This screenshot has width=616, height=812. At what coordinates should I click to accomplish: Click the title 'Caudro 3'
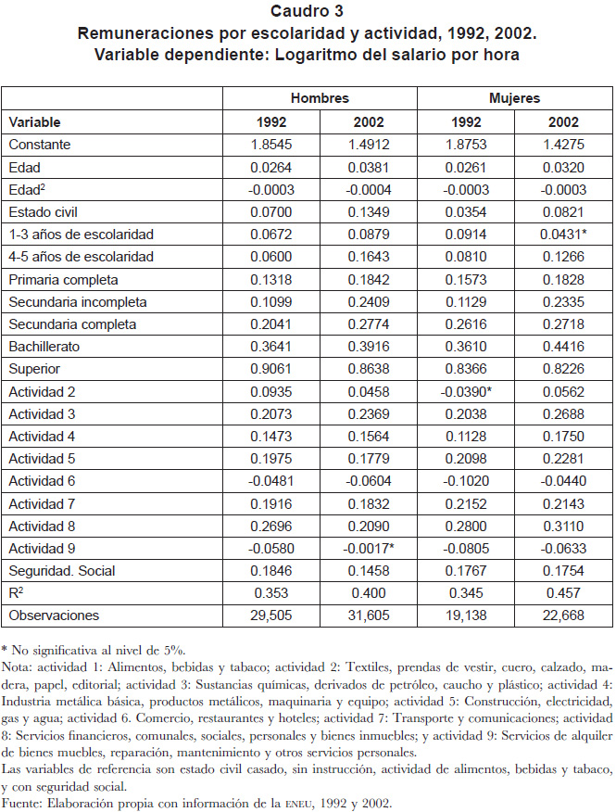click(307, 11)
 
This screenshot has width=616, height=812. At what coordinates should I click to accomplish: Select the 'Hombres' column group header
click(320, 98)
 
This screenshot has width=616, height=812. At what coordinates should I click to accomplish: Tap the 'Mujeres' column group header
click(514, 98)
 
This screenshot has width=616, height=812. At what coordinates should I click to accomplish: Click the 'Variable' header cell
click(34, 122)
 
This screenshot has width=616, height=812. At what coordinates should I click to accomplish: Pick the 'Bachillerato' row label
click(44, 347)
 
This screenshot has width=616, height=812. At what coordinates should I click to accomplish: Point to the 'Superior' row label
click(34, 369)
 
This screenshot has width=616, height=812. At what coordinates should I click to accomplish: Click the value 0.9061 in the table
click(271, 369)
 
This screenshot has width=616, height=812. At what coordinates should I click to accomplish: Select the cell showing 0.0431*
click(564, 235)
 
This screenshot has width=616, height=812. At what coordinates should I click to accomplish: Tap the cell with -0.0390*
click(466, 392)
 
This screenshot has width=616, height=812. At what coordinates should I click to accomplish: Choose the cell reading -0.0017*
click(369, 549)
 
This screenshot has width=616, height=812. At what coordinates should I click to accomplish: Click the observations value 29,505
click(271, 615)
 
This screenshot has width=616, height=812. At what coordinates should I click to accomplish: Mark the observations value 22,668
click(564, 615)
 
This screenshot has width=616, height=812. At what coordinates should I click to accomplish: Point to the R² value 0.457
click(564, 593)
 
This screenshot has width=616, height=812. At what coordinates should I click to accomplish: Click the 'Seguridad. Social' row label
click(62, 571)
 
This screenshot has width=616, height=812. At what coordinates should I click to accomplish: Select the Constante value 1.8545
click(271, 144)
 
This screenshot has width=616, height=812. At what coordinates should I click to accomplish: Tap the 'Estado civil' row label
click(43, 211)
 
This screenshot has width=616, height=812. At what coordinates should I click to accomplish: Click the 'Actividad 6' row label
click(42, 481)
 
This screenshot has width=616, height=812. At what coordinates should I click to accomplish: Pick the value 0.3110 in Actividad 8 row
click(564, 527)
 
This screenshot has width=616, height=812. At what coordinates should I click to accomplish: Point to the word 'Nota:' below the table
click(17, 667)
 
